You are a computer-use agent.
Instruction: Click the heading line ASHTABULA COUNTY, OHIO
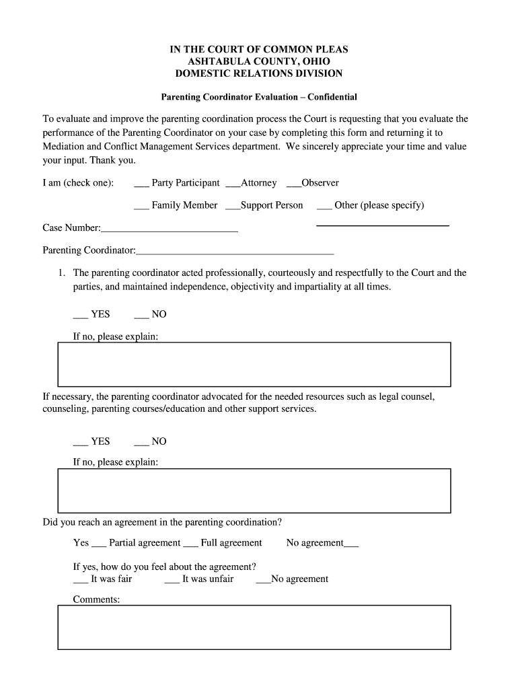258,61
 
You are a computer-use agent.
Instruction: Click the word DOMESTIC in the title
196,73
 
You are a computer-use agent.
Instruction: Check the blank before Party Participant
141,184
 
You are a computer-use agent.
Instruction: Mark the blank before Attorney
233,184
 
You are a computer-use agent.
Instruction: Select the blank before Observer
293,184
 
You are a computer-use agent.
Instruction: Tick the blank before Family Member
141,206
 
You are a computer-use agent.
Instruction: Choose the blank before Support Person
233,206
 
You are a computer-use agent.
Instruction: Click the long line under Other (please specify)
382,225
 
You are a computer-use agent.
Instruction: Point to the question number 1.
61,273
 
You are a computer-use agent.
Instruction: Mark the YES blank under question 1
80,316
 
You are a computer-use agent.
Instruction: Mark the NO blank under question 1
141,316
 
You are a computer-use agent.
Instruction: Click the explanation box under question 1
254,363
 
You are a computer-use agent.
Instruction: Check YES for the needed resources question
80,443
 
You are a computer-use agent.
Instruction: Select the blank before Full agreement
190,544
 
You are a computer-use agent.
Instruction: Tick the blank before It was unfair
172,580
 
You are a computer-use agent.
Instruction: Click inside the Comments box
254,626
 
